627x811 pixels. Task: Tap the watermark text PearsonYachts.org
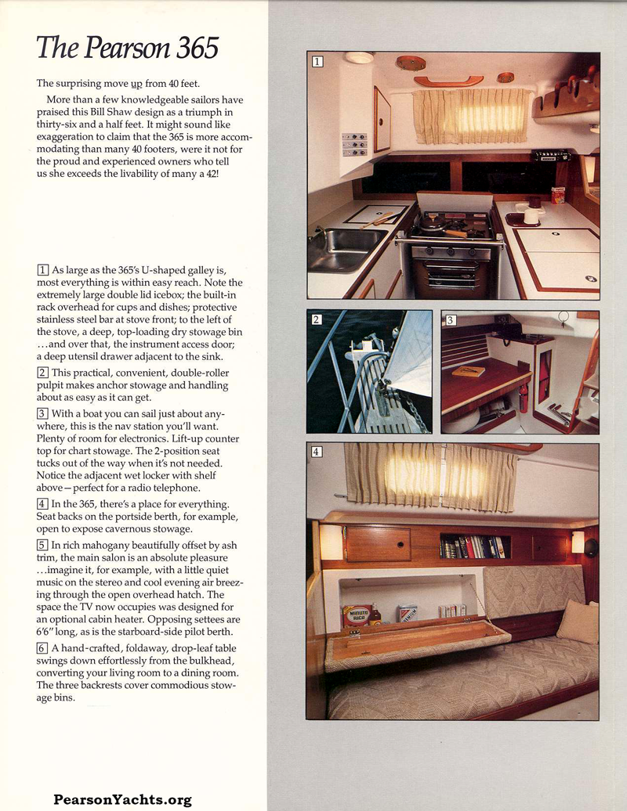tap(123, 799)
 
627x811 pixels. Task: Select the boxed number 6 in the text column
tap(42, 648)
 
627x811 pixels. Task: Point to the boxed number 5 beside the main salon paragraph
tap(42, 545)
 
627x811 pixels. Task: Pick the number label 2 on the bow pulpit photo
tap(317, 319)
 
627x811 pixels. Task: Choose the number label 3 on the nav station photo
tap(451, 319)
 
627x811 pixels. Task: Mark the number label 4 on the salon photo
tap(317, 452)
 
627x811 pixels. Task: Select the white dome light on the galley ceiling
tap(359, 59)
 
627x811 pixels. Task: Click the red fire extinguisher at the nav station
tap(523, 398)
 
